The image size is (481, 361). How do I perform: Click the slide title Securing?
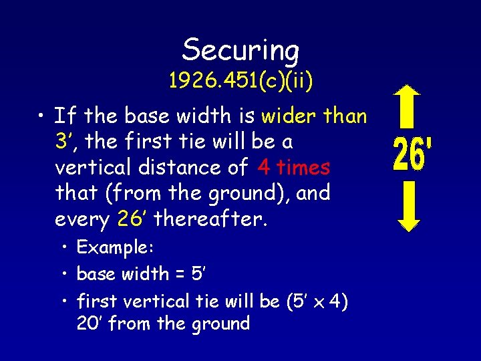[x=240, y=50]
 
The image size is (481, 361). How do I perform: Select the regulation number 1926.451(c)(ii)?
[x=240, y=82]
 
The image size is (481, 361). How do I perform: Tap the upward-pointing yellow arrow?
[x=412, y=106]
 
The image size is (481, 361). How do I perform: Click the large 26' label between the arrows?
[x=412, y=154]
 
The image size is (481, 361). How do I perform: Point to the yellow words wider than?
[x=314, y=116]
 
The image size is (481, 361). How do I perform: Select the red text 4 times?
[x=294, y=167]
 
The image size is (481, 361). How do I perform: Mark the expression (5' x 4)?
[x=317, y=302]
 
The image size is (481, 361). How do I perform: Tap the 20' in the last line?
[x=90, y=324]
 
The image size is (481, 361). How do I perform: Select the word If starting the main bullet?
[x=65, y=116]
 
